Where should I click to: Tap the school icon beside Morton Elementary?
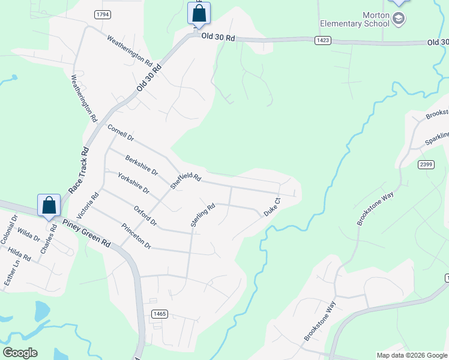[398, 20]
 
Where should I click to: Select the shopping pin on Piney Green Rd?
[49, 205]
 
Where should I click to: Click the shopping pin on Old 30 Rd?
[199, 13]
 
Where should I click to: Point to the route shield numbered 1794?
[103, 14]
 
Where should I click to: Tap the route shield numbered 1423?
[322, 40]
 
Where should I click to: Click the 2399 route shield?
[426, 164]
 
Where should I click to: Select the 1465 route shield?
[160, 314]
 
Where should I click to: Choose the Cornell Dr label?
[121, 133]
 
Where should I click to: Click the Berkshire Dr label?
[141, 166]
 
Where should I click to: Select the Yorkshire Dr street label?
[133, 182]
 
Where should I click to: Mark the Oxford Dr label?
[145, 216]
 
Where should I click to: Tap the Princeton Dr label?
[136, 236]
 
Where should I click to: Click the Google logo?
[20, 352]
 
